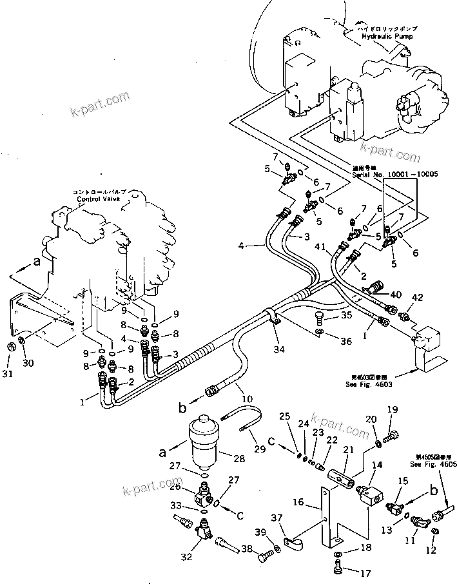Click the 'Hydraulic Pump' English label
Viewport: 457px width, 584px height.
[386, 37]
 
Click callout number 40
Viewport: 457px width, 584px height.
[396, 295]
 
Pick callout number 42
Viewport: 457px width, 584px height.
[418, 298]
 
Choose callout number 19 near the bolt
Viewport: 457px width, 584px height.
[392, 409]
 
